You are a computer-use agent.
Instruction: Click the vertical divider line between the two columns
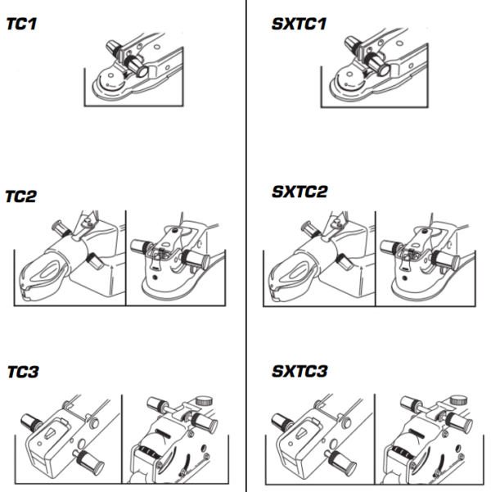(x=247, y=246)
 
